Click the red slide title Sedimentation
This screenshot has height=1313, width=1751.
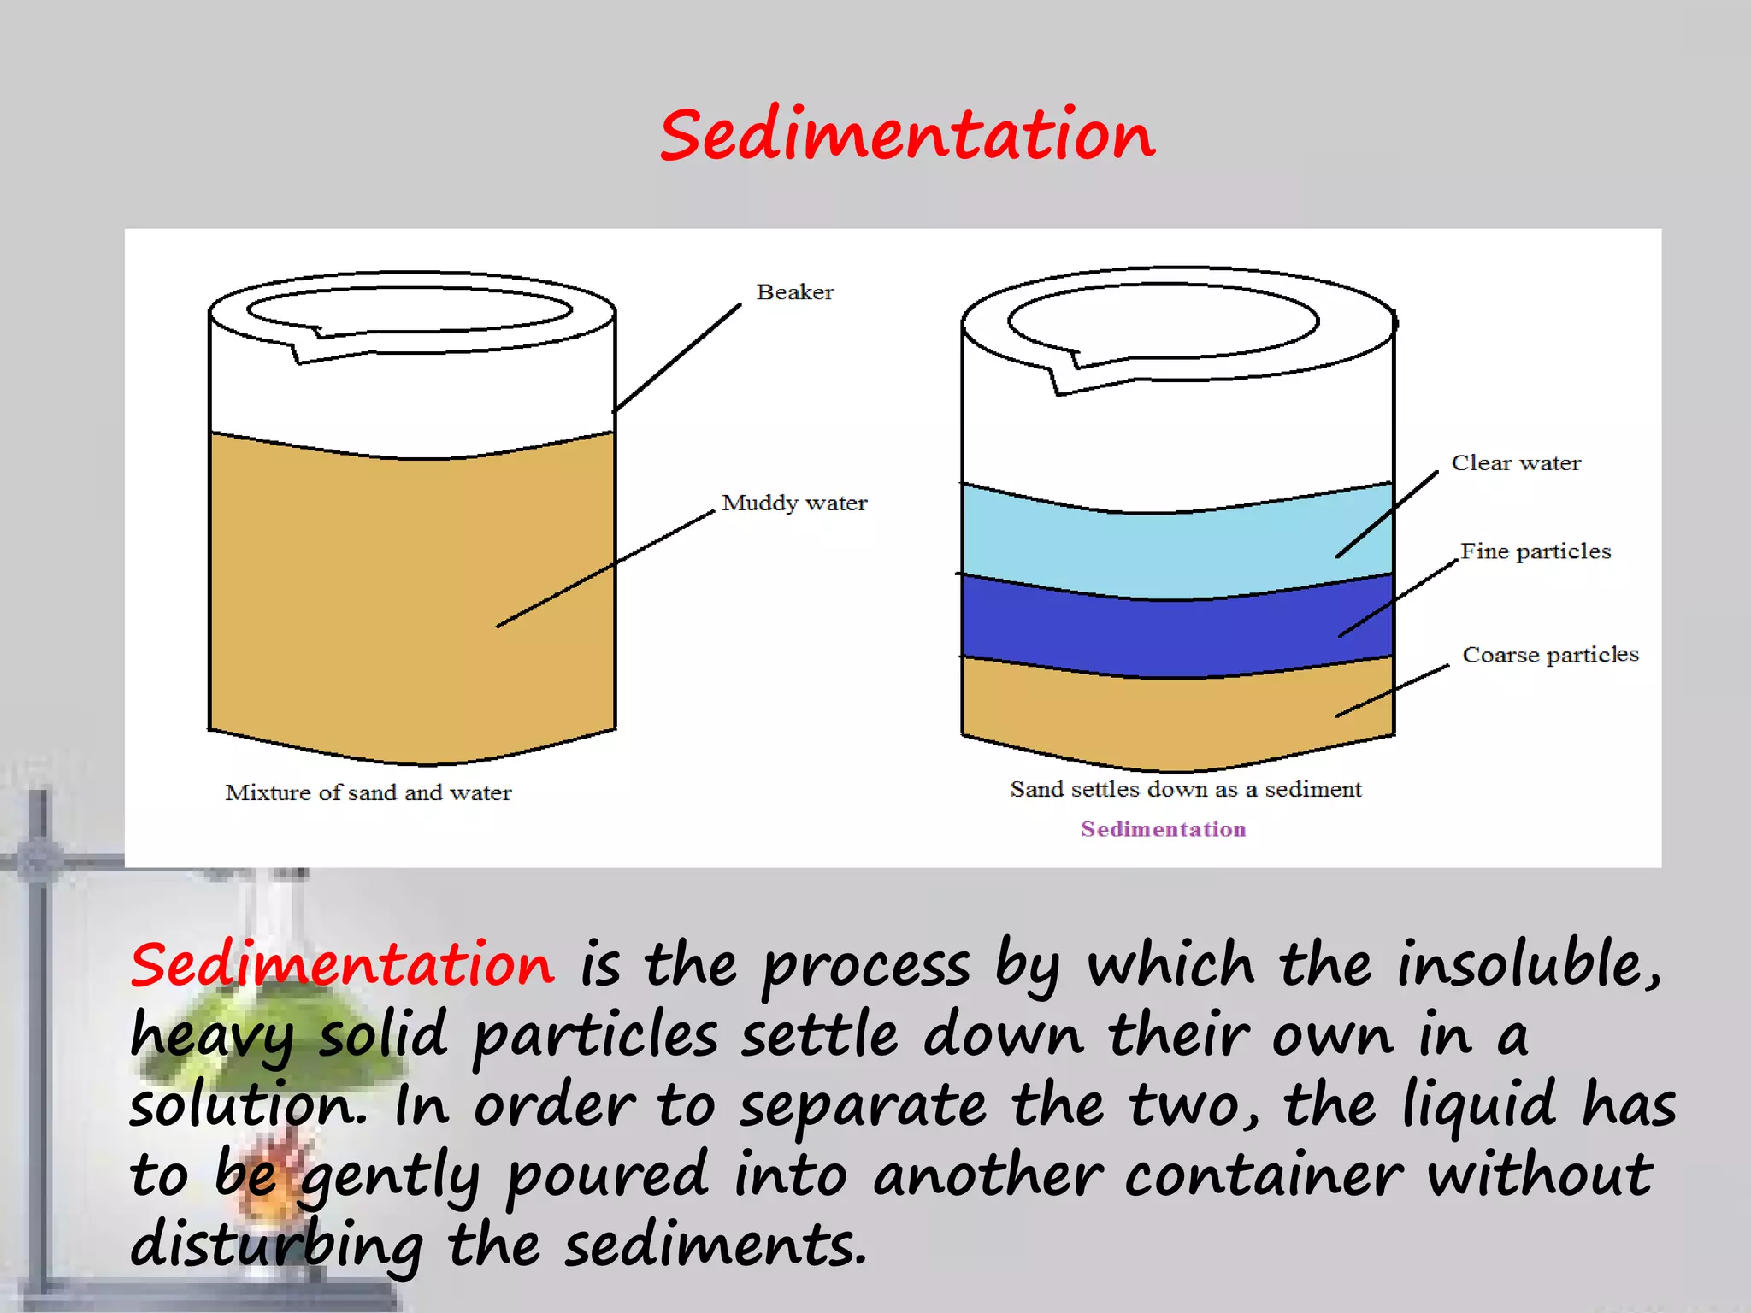point(907,135)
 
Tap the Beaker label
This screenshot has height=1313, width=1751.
point(794,292)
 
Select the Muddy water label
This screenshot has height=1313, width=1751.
point(793,503)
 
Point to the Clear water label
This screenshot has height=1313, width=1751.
point(1515,463)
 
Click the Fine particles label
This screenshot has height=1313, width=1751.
point(1535,551)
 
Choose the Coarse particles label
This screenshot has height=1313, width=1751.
point(1550,655)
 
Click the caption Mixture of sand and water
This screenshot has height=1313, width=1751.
point(368,792)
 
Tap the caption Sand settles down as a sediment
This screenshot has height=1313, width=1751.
point(1185,789)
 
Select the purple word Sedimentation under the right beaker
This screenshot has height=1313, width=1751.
point(1163,829)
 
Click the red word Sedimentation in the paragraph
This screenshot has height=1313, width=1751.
point(342,964)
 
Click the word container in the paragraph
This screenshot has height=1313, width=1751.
point(1262,1175)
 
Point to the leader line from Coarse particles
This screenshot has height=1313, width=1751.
point(1392,691)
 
